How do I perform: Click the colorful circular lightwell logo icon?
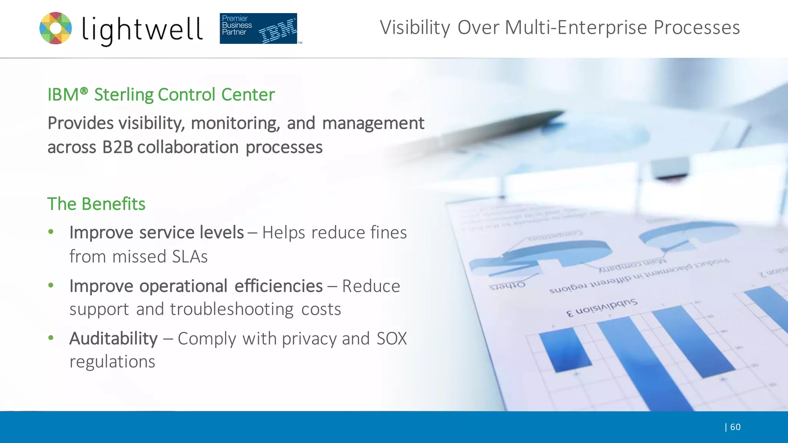click(56, 28)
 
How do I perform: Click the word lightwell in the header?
click(142, 30)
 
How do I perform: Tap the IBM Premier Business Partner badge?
click(258, 28)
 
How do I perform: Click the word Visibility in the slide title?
click(415, 28)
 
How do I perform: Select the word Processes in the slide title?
click(697, 28)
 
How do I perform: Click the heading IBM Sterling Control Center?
click(161, 95)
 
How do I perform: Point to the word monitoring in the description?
click(235, 123)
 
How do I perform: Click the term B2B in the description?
click(117, 147)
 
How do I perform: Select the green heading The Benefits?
click(96, 204)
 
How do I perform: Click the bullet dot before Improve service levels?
click(51, 232)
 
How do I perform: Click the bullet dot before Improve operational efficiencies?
click(51, 285)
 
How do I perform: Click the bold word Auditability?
click(114, 339)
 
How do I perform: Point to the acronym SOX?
click(391, 339)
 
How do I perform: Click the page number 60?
click(735, 427)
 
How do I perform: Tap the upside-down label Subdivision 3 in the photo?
click(602, 307)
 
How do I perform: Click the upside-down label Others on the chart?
click(507, 286)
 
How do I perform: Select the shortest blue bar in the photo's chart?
click(565, 350)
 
